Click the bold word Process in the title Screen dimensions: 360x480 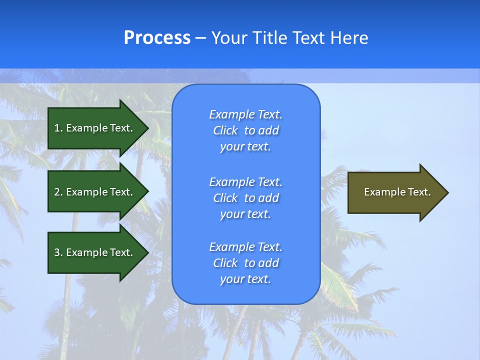coord(157,38)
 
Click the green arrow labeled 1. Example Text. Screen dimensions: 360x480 coord(95,128)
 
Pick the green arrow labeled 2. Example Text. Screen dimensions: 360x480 coord(95,192)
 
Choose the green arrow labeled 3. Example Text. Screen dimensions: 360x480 coord(95,252)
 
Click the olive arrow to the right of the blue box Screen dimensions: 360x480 coord(395,192)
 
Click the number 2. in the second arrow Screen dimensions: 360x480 coord(58,192)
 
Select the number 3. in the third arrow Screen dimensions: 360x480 coord(58,252)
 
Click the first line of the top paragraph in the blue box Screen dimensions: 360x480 coord(245,114)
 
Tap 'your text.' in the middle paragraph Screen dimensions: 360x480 coord(245,214)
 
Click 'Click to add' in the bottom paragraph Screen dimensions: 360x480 coord(245,263)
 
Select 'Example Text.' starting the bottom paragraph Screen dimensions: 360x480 coord(245,247)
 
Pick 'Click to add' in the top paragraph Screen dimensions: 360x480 coord(245,130)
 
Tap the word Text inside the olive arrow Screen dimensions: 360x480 coord(420,192)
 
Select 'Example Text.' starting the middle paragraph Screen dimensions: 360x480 coord(245,181)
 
